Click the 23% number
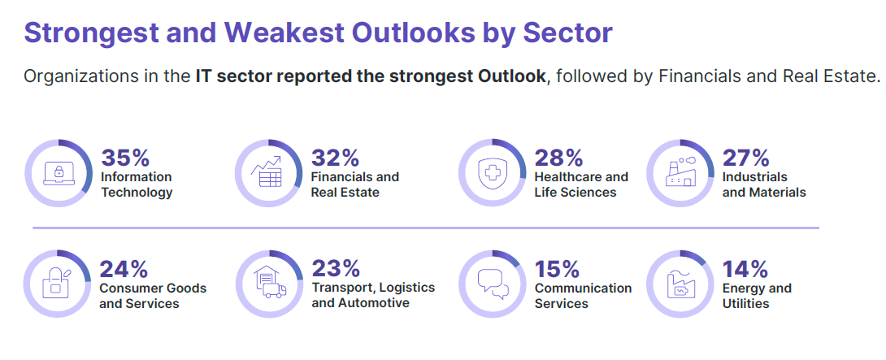point(336,268)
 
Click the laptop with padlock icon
point(59,173)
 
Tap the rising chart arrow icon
point(267,172)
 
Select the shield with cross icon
point(490,173)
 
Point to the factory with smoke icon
point(680,171)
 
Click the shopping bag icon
point(57,284)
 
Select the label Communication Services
point(583,296)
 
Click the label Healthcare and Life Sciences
point(581,184)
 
